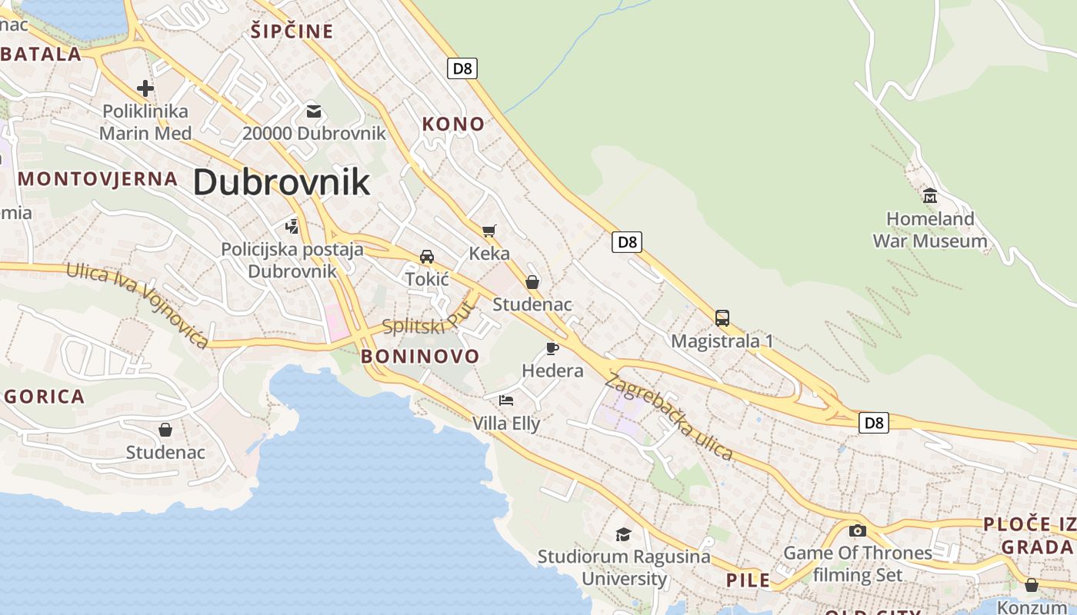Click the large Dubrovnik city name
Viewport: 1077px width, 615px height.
pos(282,182)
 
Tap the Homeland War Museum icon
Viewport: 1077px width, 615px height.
pos(930,195)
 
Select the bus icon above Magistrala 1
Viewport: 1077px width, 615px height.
pos(722,317)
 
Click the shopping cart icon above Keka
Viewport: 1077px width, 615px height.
pos(489,231)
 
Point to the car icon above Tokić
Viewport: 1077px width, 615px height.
pos(427,256)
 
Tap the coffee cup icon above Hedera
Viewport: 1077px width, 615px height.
pos(552,348)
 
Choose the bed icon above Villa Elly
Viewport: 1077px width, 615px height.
pos(506,400)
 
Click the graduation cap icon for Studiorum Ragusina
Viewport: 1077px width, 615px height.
pos(623,534)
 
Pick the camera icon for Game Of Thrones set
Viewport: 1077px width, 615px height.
pos(857,530)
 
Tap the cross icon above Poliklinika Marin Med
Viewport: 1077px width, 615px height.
pos(145,88)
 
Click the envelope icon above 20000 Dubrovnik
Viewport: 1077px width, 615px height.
pos(314,111)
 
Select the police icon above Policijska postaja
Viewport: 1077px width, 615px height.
pos(292,226)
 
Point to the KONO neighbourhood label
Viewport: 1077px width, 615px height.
pos(454,124)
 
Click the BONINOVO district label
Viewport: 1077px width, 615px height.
pos(420,356)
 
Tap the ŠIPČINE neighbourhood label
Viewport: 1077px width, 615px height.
pos(292,32)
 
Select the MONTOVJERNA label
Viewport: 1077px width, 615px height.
pos(98,179)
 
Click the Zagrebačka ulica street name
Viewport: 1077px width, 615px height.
pos(669,417)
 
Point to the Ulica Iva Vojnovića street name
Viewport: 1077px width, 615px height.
pos(137,304)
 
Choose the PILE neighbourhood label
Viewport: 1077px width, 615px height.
pos(749,580)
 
